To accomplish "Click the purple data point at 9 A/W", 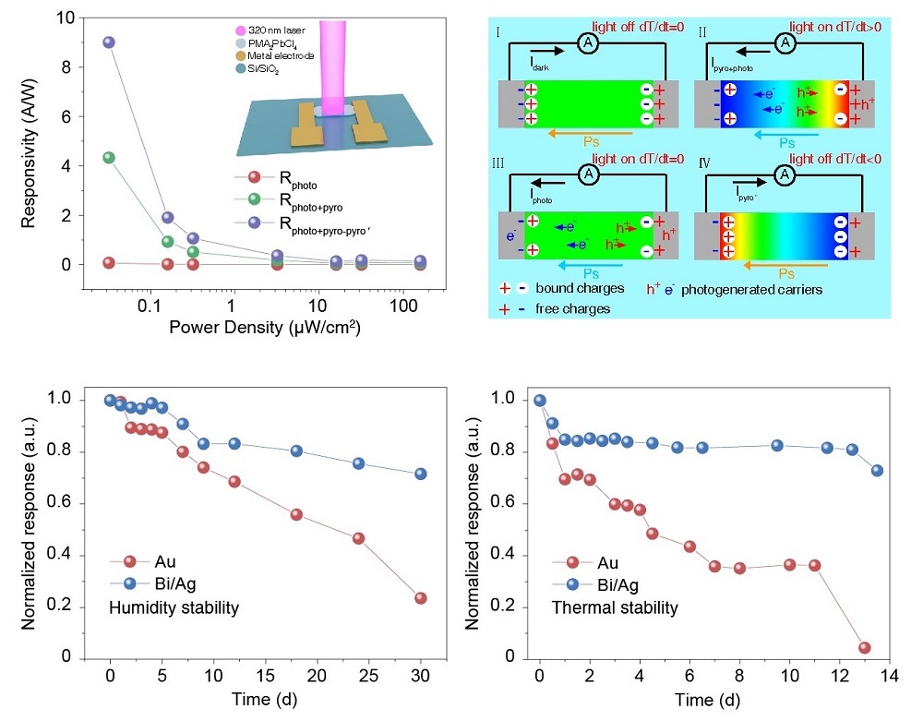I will (109, 42).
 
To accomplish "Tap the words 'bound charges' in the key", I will (587, 289).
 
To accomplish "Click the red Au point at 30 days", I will (421, 598).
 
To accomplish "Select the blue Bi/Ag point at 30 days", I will (421, 475).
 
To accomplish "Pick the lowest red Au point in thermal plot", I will (865, 647).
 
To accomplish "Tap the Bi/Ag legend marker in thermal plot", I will (574, 584).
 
